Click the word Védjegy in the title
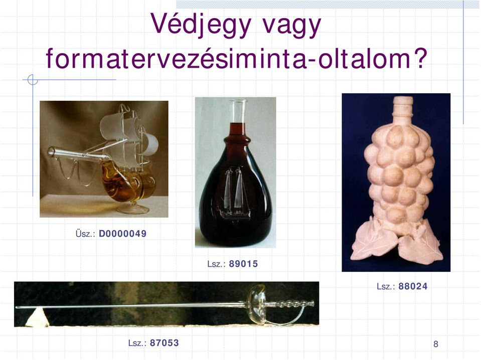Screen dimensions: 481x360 click(x=201, y=25)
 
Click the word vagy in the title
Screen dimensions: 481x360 click(x=291, y=26)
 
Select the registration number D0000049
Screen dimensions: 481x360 click(x=123, y=234)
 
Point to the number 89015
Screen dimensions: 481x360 click(x=244, y=264)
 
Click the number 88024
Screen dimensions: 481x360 click(x=413, y=286)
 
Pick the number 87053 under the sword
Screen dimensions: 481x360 click(x=165, y=342)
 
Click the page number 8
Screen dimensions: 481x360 click(x=435, y=344)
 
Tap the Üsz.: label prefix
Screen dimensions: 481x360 click(x=85, y=234)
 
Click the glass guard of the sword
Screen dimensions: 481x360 click(x=257, y=304)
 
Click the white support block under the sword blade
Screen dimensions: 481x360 click(x=37, y=317)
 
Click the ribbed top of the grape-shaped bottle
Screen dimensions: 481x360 click(x=403, y=106)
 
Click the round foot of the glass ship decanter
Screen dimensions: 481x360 click(x=133, y=209)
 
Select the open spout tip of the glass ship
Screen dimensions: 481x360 click(x=51, y=152)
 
